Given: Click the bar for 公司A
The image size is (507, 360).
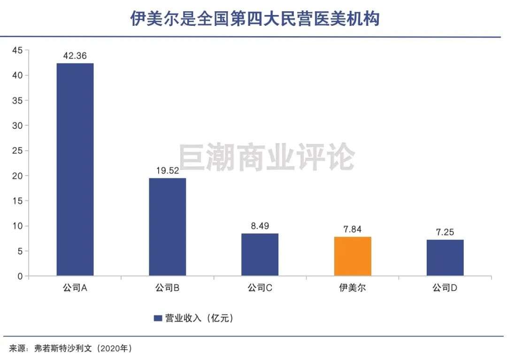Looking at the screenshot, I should pyautogui.click(x=75, y=169).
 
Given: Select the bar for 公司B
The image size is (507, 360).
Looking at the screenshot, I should pyautogui.click(x=168, y=227).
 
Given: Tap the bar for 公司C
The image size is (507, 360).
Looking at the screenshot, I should pyautogui.click(x=260, y=254).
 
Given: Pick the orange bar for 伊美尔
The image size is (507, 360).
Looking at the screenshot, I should pyautogui.click(x=353, y=256).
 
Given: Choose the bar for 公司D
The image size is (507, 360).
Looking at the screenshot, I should pyautogui.click(x=445, y=258).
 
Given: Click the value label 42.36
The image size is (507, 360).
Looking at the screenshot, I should pyautogui.click(x=75, y=55).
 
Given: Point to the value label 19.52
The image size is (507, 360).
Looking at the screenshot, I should pyautogui.click(x=168, y=170).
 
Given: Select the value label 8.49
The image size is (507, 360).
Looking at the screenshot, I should pyautogui.click(x=260, y=226).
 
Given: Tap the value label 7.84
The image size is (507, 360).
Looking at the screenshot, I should pyautogui.click(x=353, y=229).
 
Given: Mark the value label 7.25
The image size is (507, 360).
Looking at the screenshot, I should pyautogui.click(x=445, y=232).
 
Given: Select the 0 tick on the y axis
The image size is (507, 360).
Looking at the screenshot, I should pyautogui.click(x=20, y=276).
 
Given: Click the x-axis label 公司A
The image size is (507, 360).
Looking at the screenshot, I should pyautogui.click(x=75, y=288).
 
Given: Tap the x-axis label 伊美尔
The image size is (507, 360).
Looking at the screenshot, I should pyautogui.click(x=353, y=288).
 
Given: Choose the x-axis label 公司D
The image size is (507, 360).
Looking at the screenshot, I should pyautogui.click(x=445, y=288).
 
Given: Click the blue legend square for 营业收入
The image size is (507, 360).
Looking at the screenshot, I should pyautogui.click(x=158, y=318).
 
